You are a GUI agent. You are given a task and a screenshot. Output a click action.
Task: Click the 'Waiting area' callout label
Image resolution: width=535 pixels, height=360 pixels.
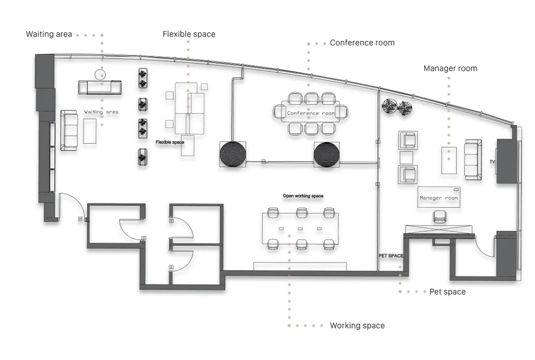pos(49,34)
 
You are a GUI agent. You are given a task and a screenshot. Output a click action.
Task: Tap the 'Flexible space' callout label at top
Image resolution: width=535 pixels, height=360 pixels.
pos(189,34)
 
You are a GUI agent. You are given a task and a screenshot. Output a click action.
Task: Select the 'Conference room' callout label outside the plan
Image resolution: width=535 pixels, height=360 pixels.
pos(362,43)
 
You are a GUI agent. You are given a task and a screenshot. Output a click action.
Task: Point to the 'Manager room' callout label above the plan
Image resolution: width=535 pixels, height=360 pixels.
pos(450,68)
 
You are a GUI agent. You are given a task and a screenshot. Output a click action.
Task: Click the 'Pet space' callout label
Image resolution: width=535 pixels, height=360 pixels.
pos(447,292)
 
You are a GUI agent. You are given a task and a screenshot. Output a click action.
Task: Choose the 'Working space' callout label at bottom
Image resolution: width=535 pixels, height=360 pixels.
pos(357,326)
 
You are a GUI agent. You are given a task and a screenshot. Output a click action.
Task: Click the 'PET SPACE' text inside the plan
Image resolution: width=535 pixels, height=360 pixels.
pos(391,256)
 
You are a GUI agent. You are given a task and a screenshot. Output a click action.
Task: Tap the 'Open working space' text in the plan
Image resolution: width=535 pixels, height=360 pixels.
pos(303,196)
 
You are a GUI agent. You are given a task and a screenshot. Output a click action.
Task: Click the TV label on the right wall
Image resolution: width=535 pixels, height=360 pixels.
pos(492,162)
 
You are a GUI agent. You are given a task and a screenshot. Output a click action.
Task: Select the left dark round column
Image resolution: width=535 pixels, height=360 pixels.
pos(232,154)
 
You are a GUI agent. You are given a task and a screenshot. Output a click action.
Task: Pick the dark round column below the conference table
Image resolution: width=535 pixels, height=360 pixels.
pos(326,155)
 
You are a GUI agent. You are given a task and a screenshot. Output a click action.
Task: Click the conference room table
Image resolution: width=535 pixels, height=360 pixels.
pos(310,112)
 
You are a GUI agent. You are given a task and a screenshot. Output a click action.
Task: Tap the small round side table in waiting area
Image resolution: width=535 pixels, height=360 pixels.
pos(100,74)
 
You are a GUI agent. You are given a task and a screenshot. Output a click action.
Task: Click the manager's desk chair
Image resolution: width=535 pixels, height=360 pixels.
pos(439,217)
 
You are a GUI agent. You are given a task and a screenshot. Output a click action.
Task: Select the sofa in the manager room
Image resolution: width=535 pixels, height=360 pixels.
pos(473,160)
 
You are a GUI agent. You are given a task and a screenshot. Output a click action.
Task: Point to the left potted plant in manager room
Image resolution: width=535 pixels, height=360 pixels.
pos(389,106)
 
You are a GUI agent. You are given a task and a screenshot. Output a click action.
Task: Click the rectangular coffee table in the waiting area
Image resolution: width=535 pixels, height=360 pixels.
pos(90,131)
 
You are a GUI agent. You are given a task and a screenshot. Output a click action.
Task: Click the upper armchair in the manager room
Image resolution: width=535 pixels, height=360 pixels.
pos(408,140)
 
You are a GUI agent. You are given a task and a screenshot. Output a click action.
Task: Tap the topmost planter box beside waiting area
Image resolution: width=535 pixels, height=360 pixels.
pos(143,78)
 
